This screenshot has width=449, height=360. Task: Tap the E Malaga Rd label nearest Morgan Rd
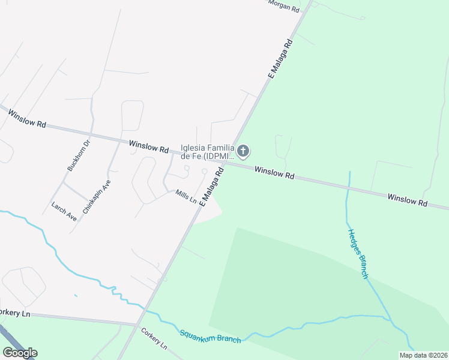point(280,59)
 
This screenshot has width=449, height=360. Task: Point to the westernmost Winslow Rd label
point(23,116)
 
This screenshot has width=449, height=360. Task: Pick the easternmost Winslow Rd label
point(407,200)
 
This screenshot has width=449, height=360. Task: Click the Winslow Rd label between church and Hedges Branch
point(274,173)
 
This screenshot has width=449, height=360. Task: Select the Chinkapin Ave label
point(97,196)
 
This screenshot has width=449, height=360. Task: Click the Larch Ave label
point(64,212)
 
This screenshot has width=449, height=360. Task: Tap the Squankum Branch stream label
point(209,336)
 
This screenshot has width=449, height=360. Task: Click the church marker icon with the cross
point(243,151)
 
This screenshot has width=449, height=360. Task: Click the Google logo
point(20,353)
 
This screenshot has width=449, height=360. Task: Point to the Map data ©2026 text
point(423,355)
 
